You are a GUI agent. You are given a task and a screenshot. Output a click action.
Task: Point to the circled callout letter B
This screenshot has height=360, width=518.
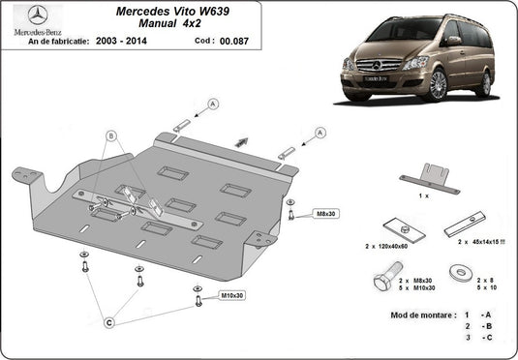(x=111, y=136)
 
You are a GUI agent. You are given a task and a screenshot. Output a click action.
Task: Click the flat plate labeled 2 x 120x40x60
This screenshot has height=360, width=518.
(x=400, y=228)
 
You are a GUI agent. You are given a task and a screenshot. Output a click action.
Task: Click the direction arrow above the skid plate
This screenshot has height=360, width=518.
(x=239, y=141)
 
